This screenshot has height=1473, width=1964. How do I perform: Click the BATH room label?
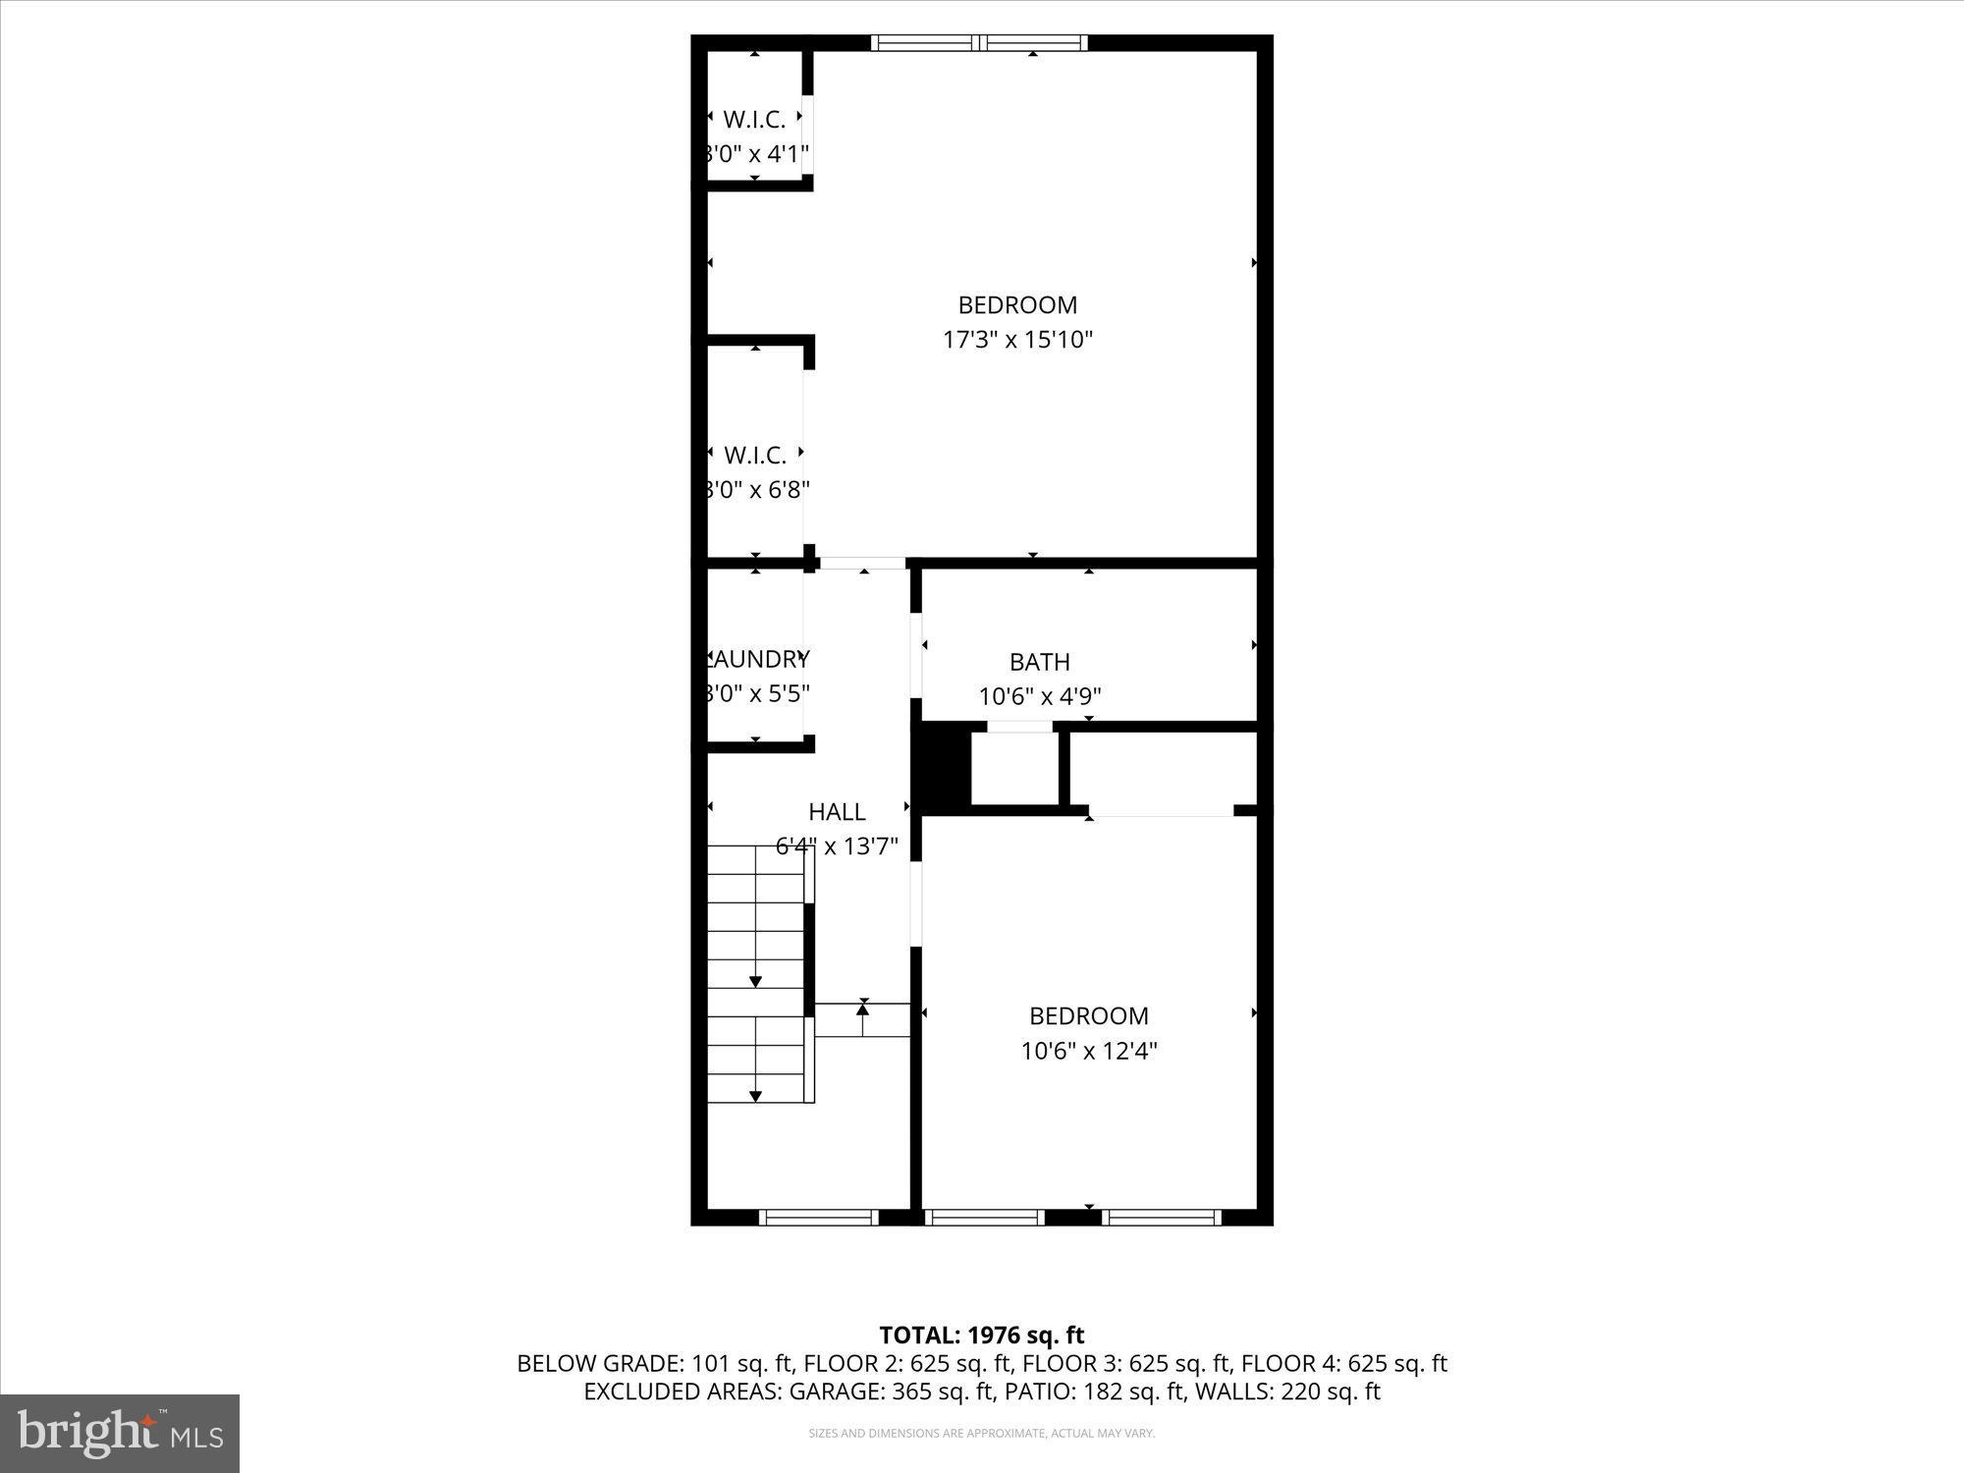coord(1039,662)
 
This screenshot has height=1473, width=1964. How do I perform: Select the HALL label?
coord(837,812)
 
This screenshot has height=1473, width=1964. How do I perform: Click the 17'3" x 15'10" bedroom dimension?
coord(1017,340)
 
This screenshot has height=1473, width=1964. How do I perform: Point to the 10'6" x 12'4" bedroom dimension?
coord(1088,1051)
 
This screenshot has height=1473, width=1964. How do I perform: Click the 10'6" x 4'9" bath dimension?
coord(1039,696)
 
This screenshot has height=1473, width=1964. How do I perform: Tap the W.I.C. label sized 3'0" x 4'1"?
coord(754,120)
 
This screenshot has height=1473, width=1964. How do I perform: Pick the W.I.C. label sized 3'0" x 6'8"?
coord(754,455)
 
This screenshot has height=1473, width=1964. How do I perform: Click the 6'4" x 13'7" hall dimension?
coord(837,846)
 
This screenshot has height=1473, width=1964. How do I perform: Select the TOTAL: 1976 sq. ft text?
coord(981,1336)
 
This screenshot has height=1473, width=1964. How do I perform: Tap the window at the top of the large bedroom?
coord(979,42)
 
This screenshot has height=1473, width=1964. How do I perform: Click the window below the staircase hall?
coord(819,1217)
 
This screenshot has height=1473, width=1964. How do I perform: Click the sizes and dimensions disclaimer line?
coord(981,1434)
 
